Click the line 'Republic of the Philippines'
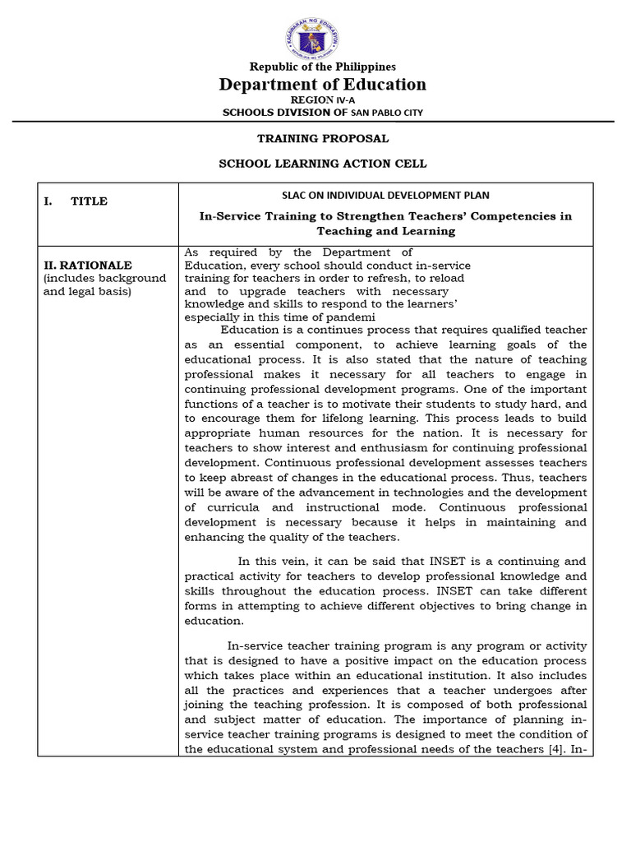pos(315,67)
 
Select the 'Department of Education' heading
pos(322,85)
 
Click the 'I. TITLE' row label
pos(76,201)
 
